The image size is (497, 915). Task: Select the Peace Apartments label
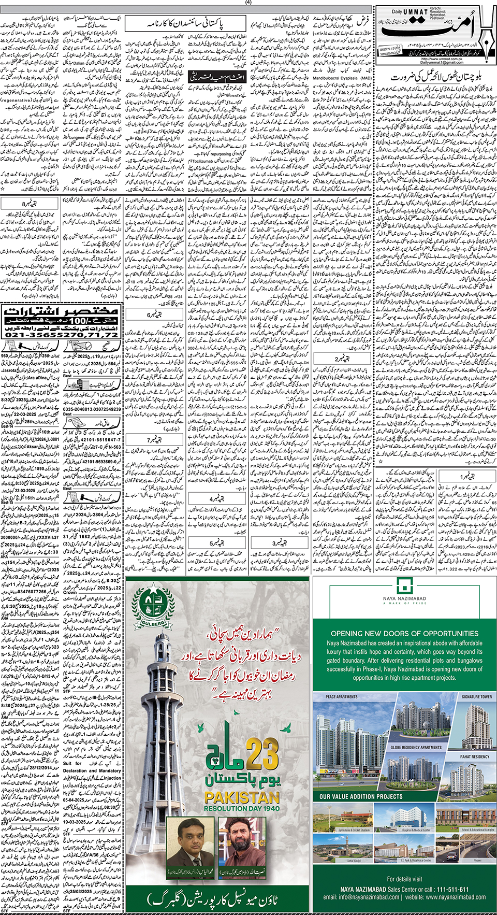342,697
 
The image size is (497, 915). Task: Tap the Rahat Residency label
475,757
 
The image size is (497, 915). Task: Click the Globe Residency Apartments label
416,748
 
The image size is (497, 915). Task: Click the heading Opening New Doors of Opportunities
404,633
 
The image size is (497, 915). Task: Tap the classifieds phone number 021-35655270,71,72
62,335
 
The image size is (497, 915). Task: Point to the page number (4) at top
248,2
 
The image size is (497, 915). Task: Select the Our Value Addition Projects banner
361,796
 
